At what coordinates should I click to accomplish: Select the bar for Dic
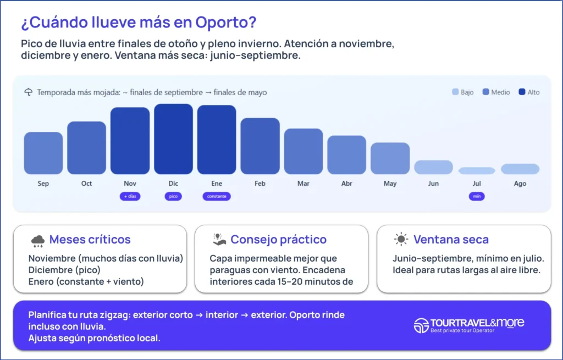pyautogui.click(x=173, y=139)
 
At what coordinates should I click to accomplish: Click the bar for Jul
pyautogui.click(x=477, y=171)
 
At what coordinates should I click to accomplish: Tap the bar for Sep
pyautogui.click(x=43, y=153)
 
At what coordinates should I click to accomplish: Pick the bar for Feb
pyautogui.click(x=260, y=146)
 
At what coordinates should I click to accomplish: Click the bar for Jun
pyautogui.click(x=433, y=167)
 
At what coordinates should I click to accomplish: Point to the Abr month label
pyautogui.click(x=346, y=184)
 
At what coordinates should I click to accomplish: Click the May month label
pyautogui.click(x=390, y=184)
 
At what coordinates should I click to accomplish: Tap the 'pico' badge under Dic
pyautogui.click(x=173, y=196)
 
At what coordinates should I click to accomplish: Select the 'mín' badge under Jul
pyautogui.click(x=477, y=196)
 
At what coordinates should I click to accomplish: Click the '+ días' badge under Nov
pyautogui.click(x=130, y=196)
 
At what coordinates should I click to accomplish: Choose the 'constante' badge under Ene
pyautogui.click(x=217, y=196)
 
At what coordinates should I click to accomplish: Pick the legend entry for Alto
pyautogui.click(x=529, y=92)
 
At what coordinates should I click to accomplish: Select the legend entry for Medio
pyautogui.click(x=496, y=92)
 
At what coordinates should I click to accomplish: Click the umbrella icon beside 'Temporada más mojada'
pyautogui.click(x=29, y=92)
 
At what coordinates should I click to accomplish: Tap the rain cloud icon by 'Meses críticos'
pyautogui.click(x=38, y=240)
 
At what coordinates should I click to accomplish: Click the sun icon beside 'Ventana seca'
pyautogui.click(x=401, y=240)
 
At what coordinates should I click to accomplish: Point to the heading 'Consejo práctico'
pyautogui.click(x=278, y=240)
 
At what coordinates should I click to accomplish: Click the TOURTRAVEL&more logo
pyautogui.click(x=469, y=325)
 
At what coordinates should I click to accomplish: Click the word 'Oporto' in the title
pyautogui.click(x=226, y=23)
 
